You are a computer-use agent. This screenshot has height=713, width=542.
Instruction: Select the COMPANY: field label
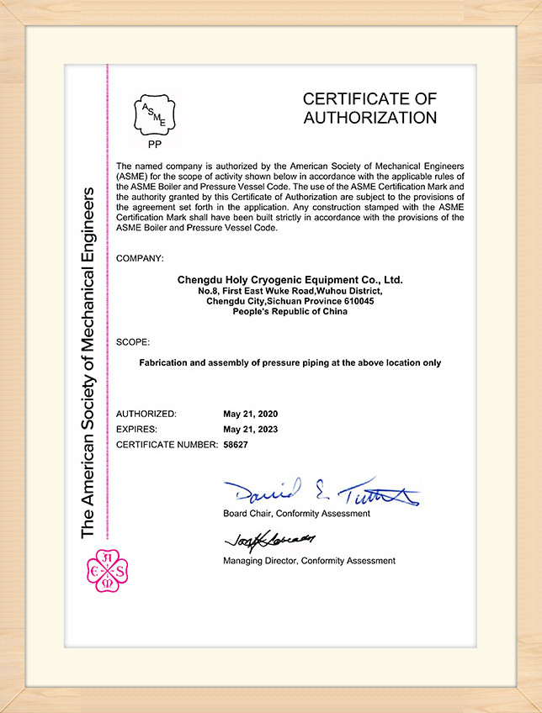[x=140, y=257]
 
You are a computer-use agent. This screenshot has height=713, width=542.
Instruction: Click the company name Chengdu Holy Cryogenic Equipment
[x=290, y=278]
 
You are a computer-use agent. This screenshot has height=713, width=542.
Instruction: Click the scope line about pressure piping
[x=290, y=362]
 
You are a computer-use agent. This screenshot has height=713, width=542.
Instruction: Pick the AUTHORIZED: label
[x=146, y=414]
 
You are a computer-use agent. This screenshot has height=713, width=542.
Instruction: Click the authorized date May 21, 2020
[x=250, y=414]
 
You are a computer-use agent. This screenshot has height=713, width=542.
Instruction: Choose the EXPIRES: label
[x=139, y=429]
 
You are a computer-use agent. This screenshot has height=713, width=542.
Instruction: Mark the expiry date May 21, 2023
[x=250, y=429]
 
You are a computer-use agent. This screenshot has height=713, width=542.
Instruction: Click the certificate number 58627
[x=236, y=443]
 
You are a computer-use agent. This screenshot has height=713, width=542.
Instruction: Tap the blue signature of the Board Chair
[x=320, y=491]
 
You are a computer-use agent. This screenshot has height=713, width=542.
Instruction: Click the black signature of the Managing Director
[x=268, y=539]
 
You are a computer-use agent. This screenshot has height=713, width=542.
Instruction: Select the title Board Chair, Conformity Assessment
[x=296, y=513]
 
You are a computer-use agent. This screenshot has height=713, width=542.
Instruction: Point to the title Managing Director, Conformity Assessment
[x=309, y=560]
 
